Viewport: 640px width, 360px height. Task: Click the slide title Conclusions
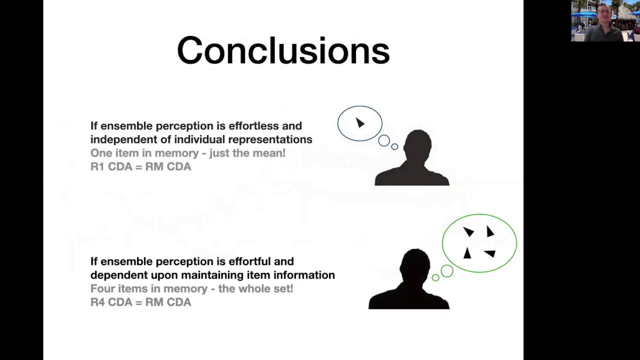click(x=283, y=51)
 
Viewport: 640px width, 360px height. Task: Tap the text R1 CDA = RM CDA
click(x=140, y=166)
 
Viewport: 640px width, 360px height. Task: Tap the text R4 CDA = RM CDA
click(x=140, y=302)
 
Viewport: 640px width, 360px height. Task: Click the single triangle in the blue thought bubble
click(x=360, y=122)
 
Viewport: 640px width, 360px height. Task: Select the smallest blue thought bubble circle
click(x=394, y=146)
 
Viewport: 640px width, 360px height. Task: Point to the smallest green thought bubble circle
click(x=435, y=277)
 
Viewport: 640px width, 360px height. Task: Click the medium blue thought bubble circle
click(x=383, y=140)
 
